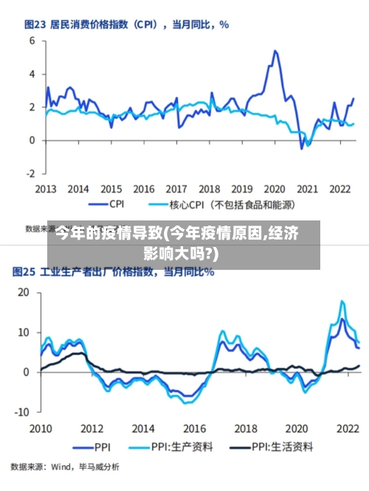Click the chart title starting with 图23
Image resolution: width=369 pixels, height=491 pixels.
126,24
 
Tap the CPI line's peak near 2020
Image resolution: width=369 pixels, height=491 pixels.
275,51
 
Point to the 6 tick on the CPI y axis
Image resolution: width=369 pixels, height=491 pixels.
32,41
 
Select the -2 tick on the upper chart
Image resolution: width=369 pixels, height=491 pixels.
30,174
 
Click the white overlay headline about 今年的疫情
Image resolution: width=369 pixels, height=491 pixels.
177,245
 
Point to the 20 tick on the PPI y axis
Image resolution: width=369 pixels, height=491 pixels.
23,293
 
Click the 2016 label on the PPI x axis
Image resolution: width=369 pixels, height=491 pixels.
195,428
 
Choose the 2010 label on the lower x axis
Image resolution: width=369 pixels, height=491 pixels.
41,428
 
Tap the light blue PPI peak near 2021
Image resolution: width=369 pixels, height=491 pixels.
342,301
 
